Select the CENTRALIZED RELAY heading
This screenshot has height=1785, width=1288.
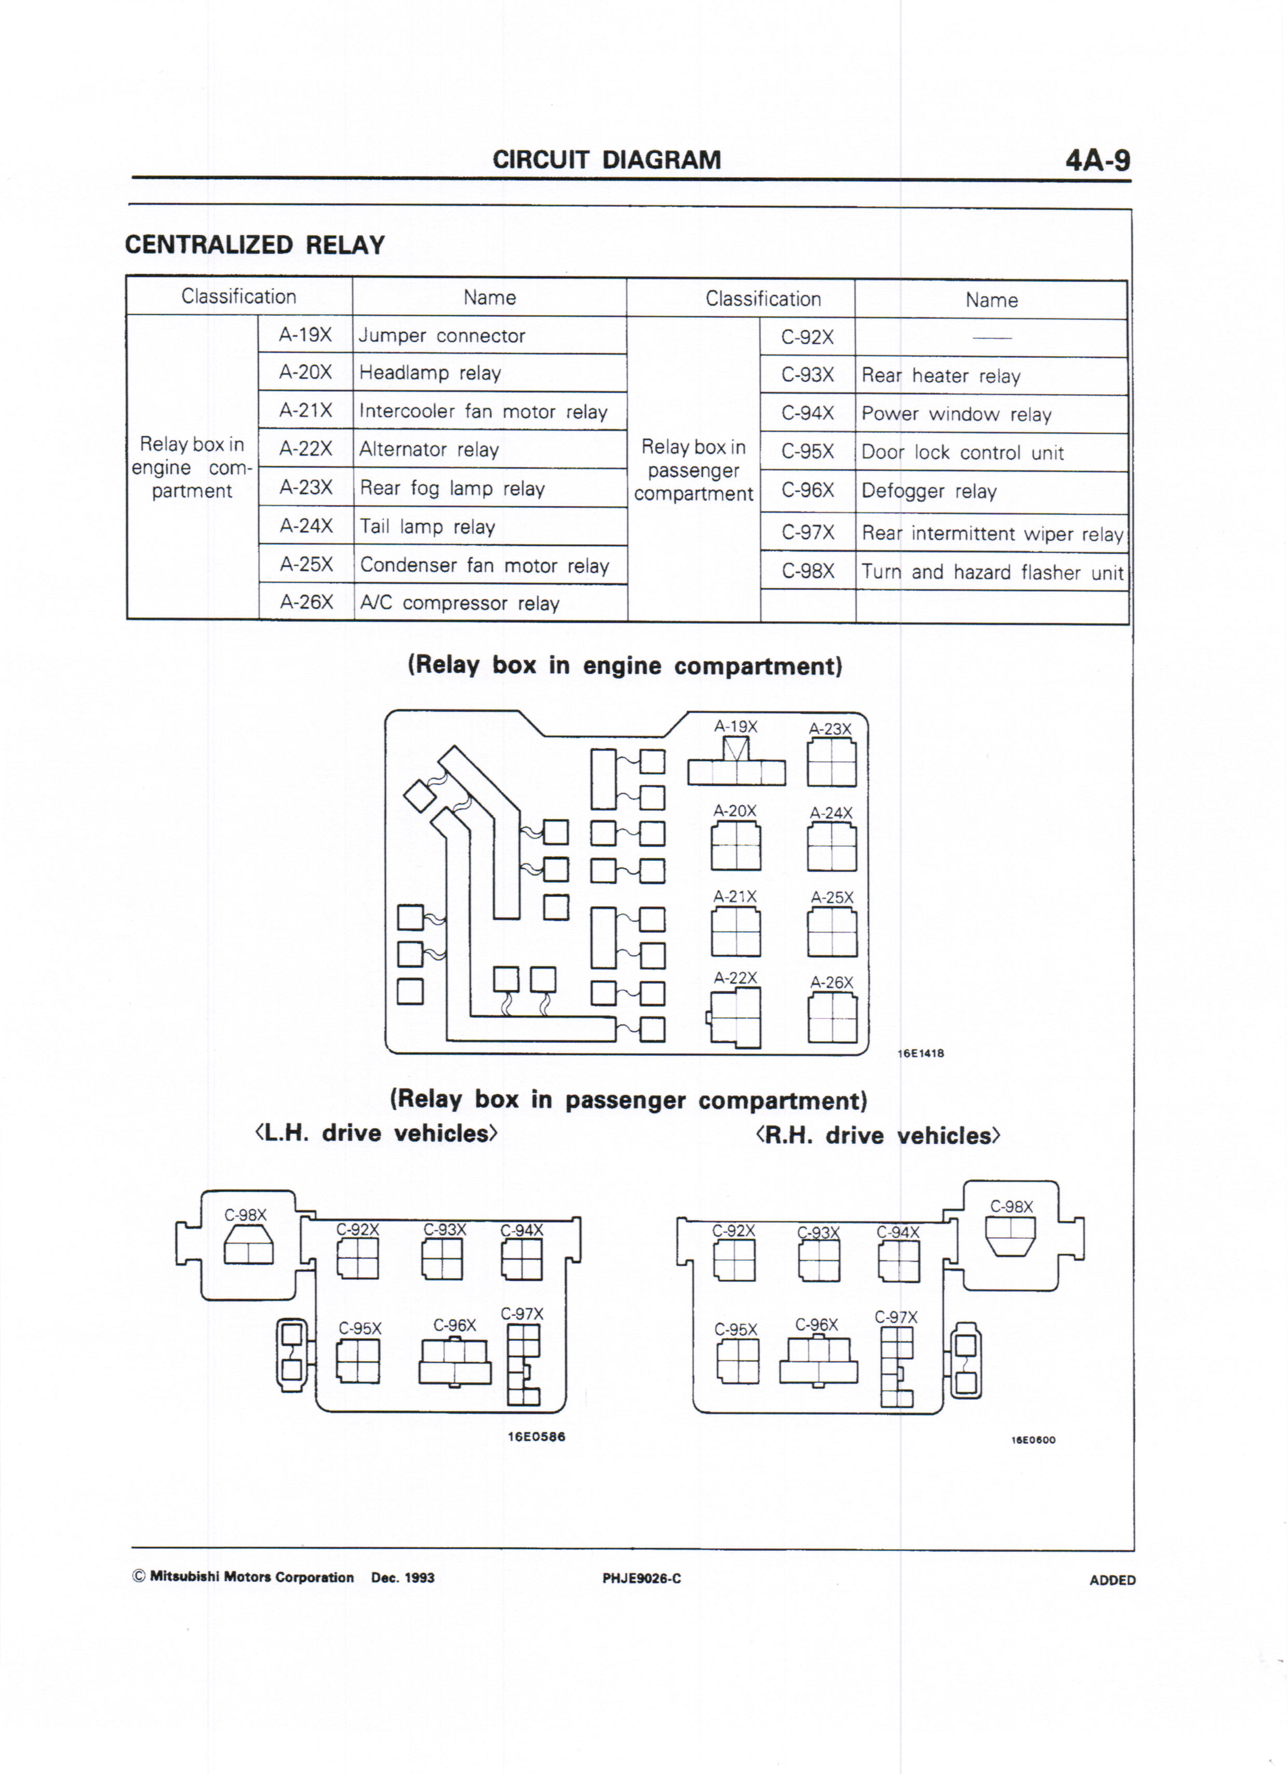point(254,245)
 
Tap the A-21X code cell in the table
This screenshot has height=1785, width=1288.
point(305,410)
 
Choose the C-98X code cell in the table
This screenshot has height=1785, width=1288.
point(808,571)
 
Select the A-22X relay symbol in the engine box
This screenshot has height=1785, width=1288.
point(735,1017)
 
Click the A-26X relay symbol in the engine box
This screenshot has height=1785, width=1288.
point(832,1017)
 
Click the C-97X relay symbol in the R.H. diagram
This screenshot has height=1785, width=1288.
point(897,1367)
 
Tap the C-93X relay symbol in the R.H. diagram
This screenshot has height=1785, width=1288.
point(819,1260)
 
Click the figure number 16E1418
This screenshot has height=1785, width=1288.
point(920,1053)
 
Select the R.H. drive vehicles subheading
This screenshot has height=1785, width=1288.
point(878,1136)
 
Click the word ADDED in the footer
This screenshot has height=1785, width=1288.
point(1111,1580)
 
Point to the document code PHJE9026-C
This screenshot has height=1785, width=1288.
point(641,1578)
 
